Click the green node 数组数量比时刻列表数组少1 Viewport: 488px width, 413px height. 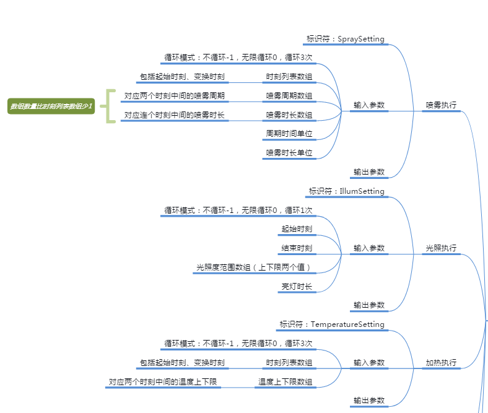coord(51,107)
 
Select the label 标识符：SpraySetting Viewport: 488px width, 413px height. coord(346,39)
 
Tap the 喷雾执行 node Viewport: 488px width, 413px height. coord(442,105)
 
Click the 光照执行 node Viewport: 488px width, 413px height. coord(442,248)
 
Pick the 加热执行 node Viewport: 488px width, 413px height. coord(442,363)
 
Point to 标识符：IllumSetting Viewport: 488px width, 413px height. coord(347,191)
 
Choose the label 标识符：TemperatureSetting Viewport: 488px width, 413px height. coord(332,324)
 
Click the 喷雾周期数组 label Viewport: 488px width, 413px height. coord(289,96)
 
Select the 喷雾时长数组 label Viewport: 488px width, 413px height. coord(289,115)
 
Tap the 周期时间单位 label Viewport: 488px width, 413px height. coord(289,134)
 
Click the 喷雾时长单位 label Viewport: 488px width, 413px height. coord(289,153)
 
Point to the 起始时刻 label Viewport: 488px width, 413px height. coord(297,229)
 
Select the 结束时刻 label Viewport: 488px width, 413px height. coord(297,248)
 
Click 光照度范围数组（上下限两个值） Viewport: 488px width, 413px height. coord(255,267)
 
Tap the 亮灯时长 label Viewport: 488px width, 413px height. coord(297,287)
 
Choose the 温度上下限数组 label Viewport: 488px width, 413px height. coord(285,382)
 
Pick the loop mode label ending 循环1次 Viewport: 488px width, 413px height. coord(238,211)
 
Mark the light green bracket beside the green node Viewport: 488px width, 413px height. coord(109,106)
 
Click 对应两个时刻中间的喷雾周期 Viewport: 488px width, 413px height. coord(175,96)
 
